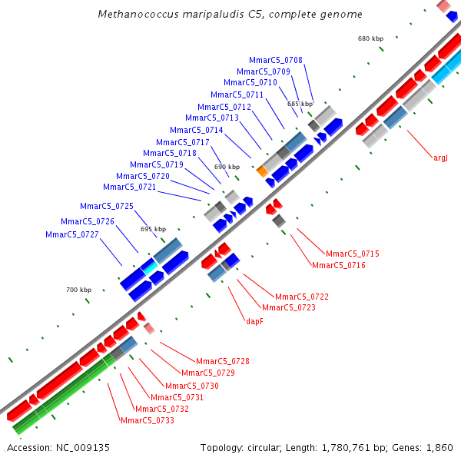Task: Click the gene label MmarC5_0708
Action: pyautogui.click(x=276, y=60)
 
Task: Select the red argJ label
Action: pyautogui.click(x=440, y=158)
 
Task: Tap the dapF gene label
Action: pyautogui.click(x=254, y=321)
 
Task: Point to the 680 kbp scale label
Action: pyautogui.click(x=370, y=38)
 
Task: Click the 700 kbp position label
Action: pyautogui.click(x=78, y=290)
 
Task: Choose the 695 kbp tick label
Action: pyautogui.click(x=153, y=229)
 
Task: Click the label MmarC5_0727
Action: pyautogui.click(x=71, y=234)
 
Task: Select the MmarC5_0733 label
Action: pyautogui.click(x=148, y=420)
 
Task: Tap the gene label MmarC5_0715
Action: pyautogui.click(x=353, y=254)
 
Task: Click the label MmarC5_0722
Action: pyautogui.click(x=302, y=297)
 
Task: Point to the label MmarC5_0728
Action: pyautogui.click(x=222, y=361)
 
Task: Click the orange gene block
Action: pyautogui.click(x=261, y=171)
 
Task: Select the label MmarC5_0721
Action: pyautogui.click(x=129, y=187)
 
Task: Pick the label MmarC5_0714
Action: pyautogui.click(x=197, y=130)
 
